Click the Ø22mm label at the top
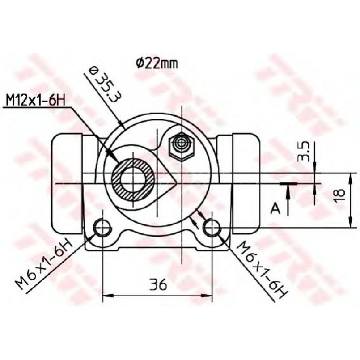(157, 64)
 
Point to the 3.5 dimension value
(304, 152)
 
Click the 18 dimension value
(339, 195)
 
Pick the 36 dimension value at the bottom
(158, 284)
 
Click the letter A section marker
(275, 208)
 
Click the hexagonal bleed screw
(182, 146)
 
